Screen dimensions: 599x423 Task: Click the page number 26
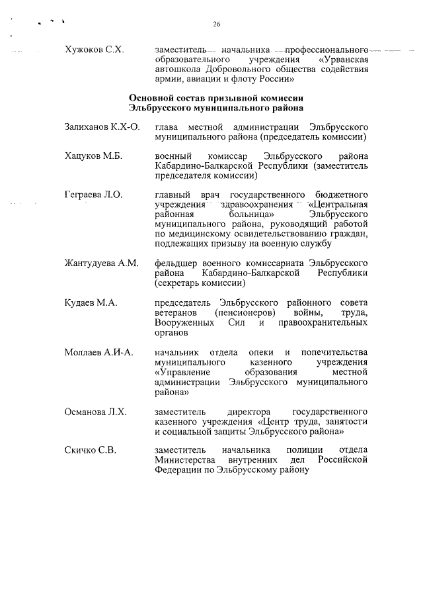216,24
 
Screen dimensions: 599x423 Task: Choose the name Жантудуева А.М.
101,264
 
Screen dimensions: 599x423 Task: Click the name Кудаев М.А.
91,302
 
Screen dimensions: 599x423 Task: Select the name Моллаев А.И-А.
99,351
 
